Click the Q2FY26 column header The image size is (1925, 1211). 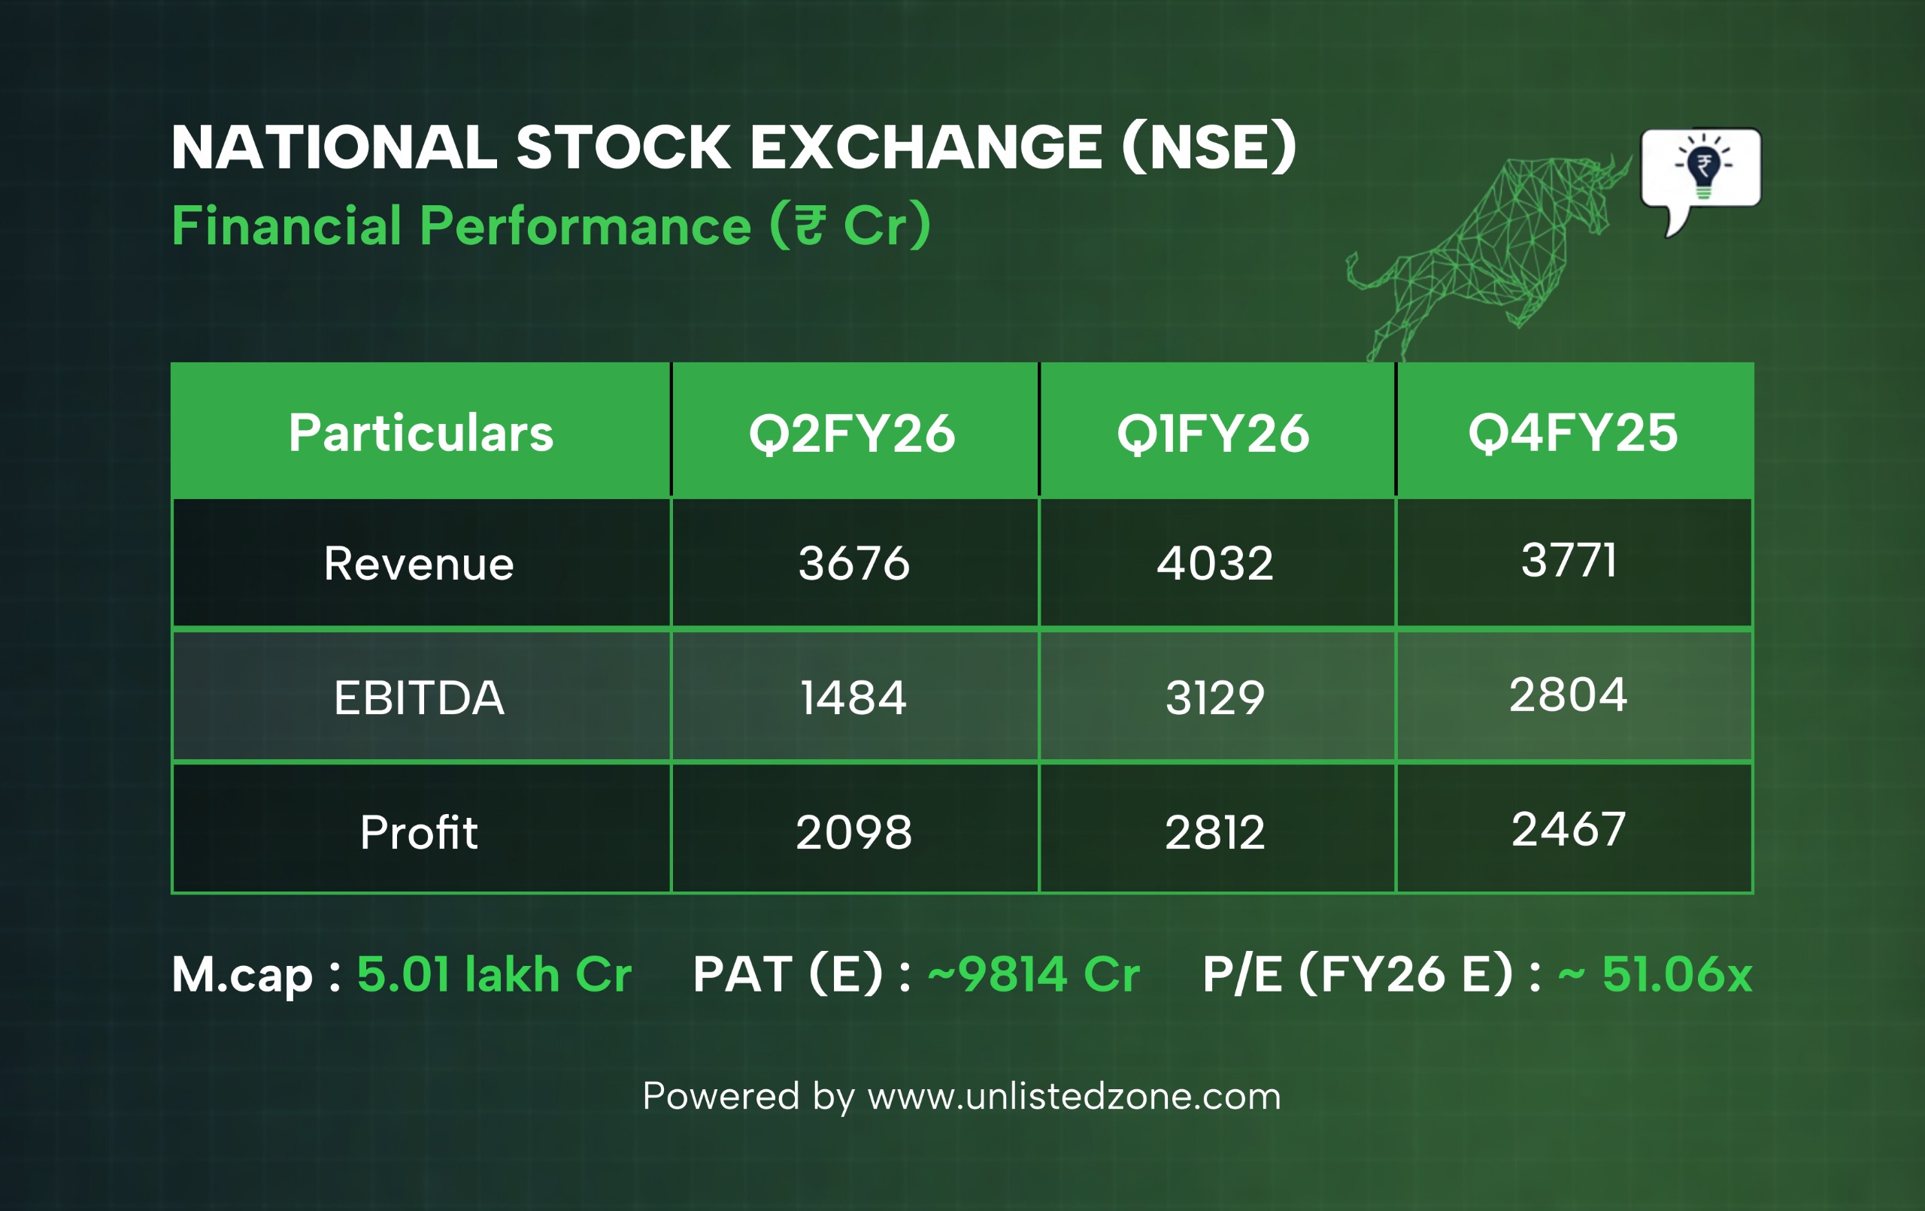tap(852, 434)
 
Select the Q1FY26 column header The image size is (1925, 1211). tap(1214, 434)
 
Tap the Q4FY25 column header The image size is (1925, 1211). tap(1573, 433)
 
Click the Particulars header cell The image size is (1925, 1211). tap(421, 433)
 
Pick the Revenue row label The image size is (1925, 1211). tap(419, 564)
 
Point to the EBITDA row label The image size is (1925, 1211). tap(419, 698)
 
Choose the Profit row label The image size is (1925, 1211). tap(419, 832)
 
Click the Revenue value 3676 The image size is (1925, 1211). tap(853, 563)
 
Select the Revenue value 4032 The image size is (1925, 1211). tap(1215, 563)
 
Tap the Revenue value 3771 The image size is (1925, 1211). tap(1569, 559)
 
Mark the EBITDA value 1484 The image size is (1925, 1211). tap(853, 697)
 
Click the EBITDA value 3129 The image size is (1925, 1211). tap(1215, 697)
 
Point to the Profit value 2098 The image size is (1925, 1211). tap(853, 832)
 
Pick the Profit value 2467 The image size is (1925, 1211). tap(1569, 828)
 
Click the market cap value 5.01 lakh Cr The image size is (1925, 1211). tap(494, 974)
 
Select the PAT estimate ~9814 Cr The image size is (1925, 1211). tap(1034, 974)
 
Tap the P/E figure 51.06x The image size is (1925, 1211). tap(1677, 974)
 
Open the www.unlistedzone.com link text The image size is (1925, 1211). tap(1075, 1096)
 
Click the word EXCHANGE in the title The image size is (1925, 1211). tap(926, 148)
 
